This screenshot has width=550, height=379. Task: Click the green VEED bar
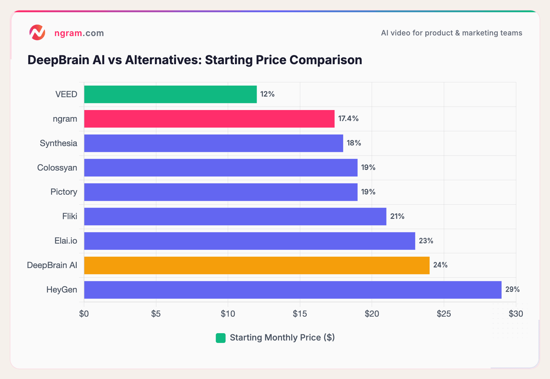coord(170,94)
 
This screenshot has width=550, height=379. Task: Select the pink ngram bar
coord(209,119)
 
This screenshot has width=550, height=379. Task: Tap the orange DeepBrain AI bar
coord(257,265)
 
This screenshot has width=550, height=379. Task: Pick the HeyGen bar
coord(292,290)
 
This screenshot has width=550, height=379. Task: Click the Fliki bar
coord(235,216)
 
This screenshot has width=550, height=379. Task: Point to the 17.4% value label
coord(348,119)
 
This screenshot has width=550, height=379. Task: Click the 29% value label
coord(512,289)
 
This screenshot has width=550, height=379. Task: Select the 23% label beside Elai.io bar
coord(426,241)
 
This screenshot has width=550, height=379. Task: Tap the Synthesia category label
coord(58,143)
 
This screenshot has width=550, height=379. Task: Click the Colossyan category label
coord(57,167)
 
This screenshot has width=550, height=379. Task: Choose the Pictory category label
coord(64,192)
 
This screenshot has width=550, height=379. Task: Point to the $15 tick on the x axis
coord(300,314)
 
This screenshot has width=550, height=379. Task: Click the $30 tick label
coord(515,314)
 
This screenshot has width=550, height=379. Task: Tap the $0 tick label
coord(84,314)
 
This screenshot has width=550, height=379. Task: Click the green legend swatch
coord(221,338)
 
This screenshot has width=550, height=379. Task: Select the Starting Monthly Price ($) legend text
coord(282,337)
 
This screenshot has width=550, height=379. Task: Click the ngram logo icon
coord(37,33)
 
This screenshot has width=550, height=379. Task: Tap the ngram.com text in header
coord(79,33)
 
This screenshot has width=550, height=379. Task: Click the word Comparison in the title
coord(325,60)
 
